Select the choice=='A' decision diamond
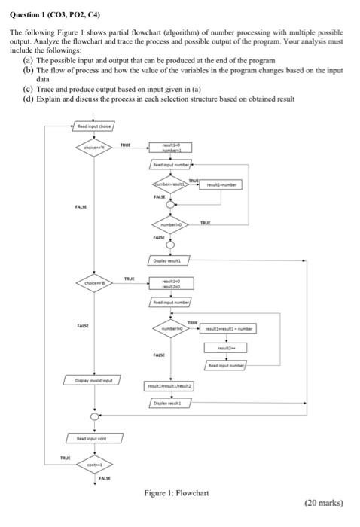coord(94,148)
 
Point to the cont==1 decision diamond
coord(94,466)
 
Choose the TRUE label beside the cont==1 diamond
coord(67,458)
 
